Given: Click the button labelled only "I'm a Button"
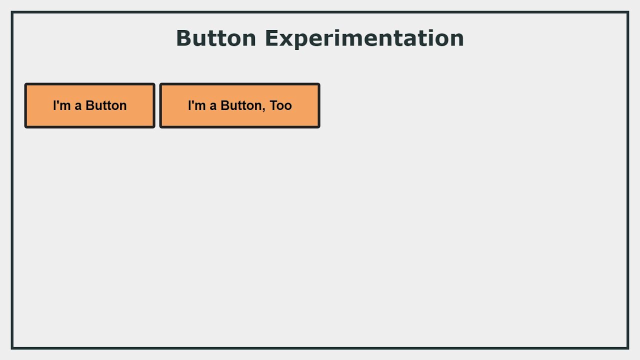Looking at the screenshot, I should [90, 105].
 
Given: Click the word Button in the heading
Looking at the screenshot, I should [216, 38].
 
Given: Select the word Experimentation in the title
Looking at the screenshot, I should [364, 38].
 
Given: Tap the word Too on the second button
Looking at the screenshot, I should [280, 105].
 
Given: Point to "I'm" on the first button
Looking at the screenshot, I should [62, 105].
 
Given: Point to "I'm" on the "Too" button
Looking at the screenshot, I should [197, 105].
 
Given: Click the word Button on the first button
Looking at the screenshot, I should [106, 105].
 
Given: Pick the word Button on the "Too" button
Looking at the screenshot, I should [241, 105].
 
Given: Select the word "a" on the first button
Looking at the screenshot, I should [78, 106].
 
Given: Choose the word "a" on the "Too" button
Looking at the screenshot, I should [213, 106].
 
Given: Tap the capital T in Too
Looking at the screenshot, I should [273, 105].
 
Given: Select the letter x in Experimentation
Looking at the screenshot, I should [286, 40].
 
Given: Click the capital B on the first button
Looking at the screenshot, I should [90, 105].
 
